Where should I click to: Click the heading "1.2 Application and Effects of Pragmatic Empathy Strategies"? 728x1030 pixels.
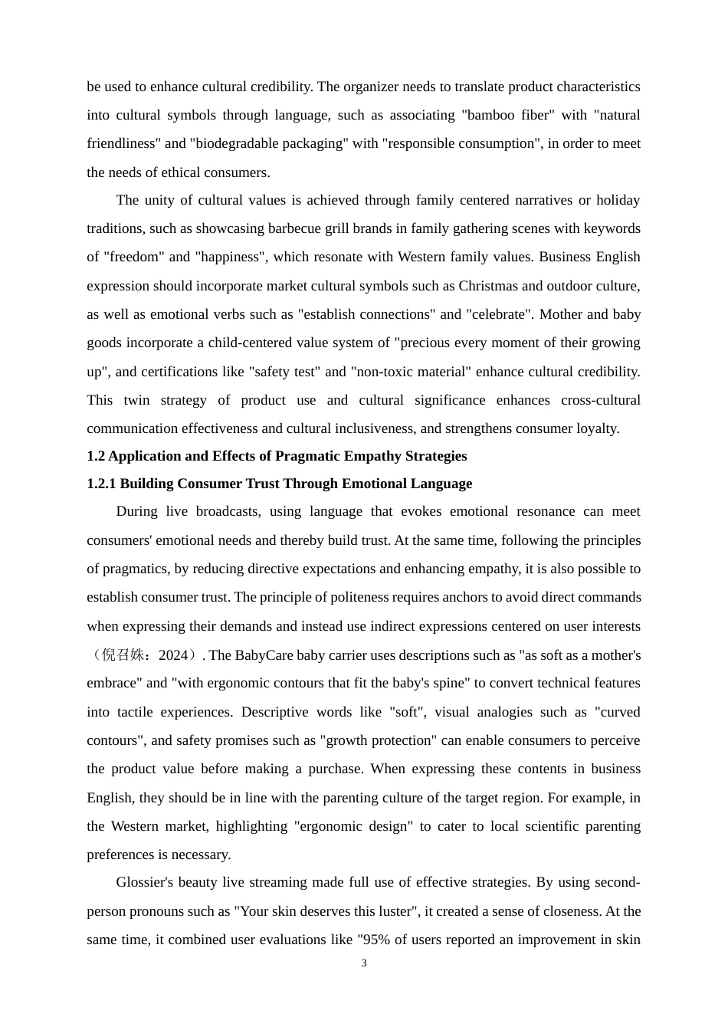point(277,456)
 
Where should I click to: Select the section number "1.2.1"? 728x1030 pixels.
point(101,484)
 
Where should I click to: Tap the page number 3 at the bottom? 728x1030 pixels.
point(364,963)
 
